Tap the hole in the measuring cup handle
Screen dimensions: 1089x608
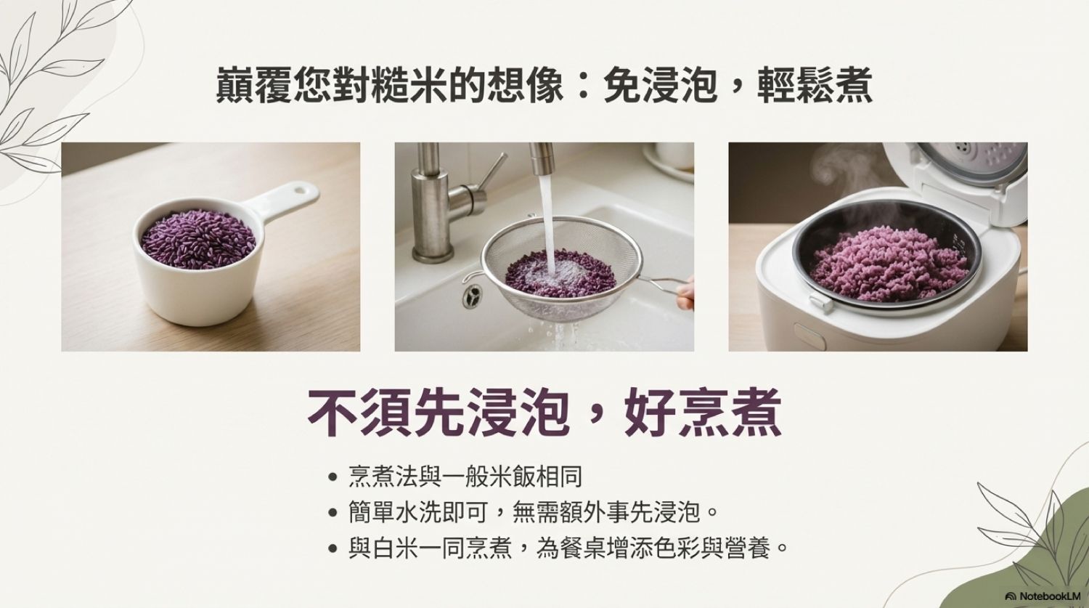304,188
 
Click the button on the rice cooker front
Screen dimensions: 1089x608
810,335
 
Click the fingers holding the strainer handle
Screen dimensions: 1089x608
685,293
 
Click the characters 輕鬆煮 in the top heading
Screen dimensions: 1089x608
815,86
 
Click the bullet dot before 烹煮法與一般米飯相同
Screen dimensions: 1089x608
333,477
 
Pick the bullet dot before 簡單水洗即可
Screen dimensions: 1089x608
333,512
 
